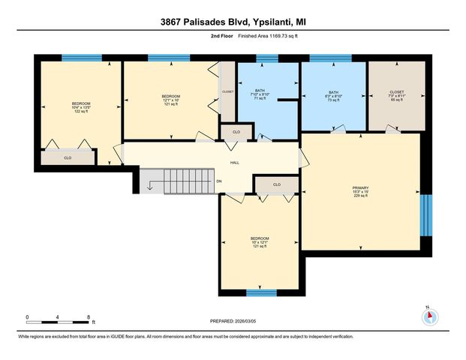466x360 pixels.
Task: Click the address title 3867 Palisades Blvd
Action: (233, 22)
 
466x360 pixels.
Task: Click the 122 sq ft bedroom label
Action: (80, 107)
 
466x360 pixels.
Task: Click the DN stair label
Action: (219, 181)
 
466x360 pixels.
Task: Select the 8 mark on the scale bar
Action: (89, 318)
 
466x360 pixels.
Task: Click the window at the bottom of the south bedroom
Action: (261, 292)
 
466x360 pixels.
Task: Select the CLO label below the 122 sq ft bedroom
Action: (68, 158)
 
